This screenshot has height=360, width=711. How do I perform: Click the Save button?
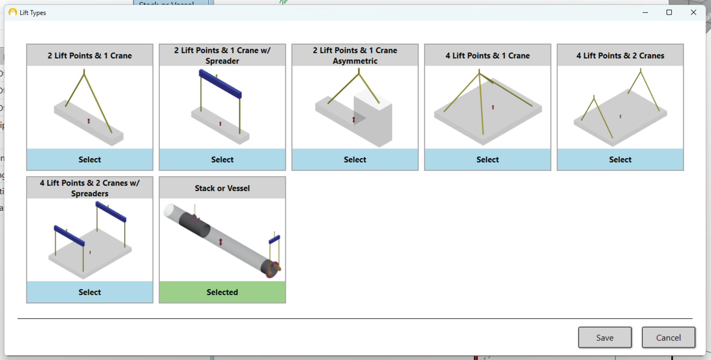[x=605, y=337]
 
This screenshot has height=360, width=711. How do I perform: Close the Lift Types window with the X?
[x=693, y=12]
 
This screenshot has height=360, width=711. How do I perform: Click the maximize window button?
[x=669, y=12]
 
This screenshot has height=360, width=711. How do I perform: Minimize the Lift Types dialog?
[x=645, y=12]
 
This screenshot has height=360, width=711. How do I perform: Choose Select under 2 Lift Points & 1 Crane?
[x=89, y=159]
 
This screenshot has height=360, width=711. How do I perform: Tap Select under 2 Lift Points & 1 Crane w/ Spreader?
[x=222, y=159]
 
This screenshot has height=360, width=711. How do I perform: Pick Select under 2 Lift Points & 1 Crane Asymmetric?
[x=355, y=159]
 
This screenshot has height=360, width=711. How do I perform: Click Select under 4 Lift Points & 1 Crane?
[x=487, y=159]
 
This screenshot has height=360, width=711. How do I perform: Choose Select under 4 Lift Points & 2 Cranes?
[x=620, y=159]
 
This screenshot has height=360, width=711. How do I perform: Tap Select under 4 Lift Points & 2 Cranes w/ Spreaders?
[x=89, y=292]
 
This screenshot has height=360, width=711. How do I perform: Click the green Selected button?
[x=222, y=292]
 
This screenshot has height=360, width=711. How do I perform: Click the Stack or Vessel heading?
[x=222, y=188]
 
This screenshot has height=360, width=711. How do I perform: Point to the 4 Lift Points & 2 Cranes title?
[x=620, y=56]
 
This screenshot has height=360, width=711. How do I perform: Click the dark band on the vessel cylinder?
[x=194, y=225]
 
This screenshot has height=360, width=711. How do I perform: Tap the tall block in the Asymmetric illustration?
[x=375, y=117]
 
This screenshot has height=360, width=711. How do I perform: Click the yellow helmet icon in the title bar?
[x=13, y=12]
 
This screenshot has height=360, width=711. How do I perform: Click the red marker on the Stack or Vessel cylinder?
[x=221, y=242]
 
